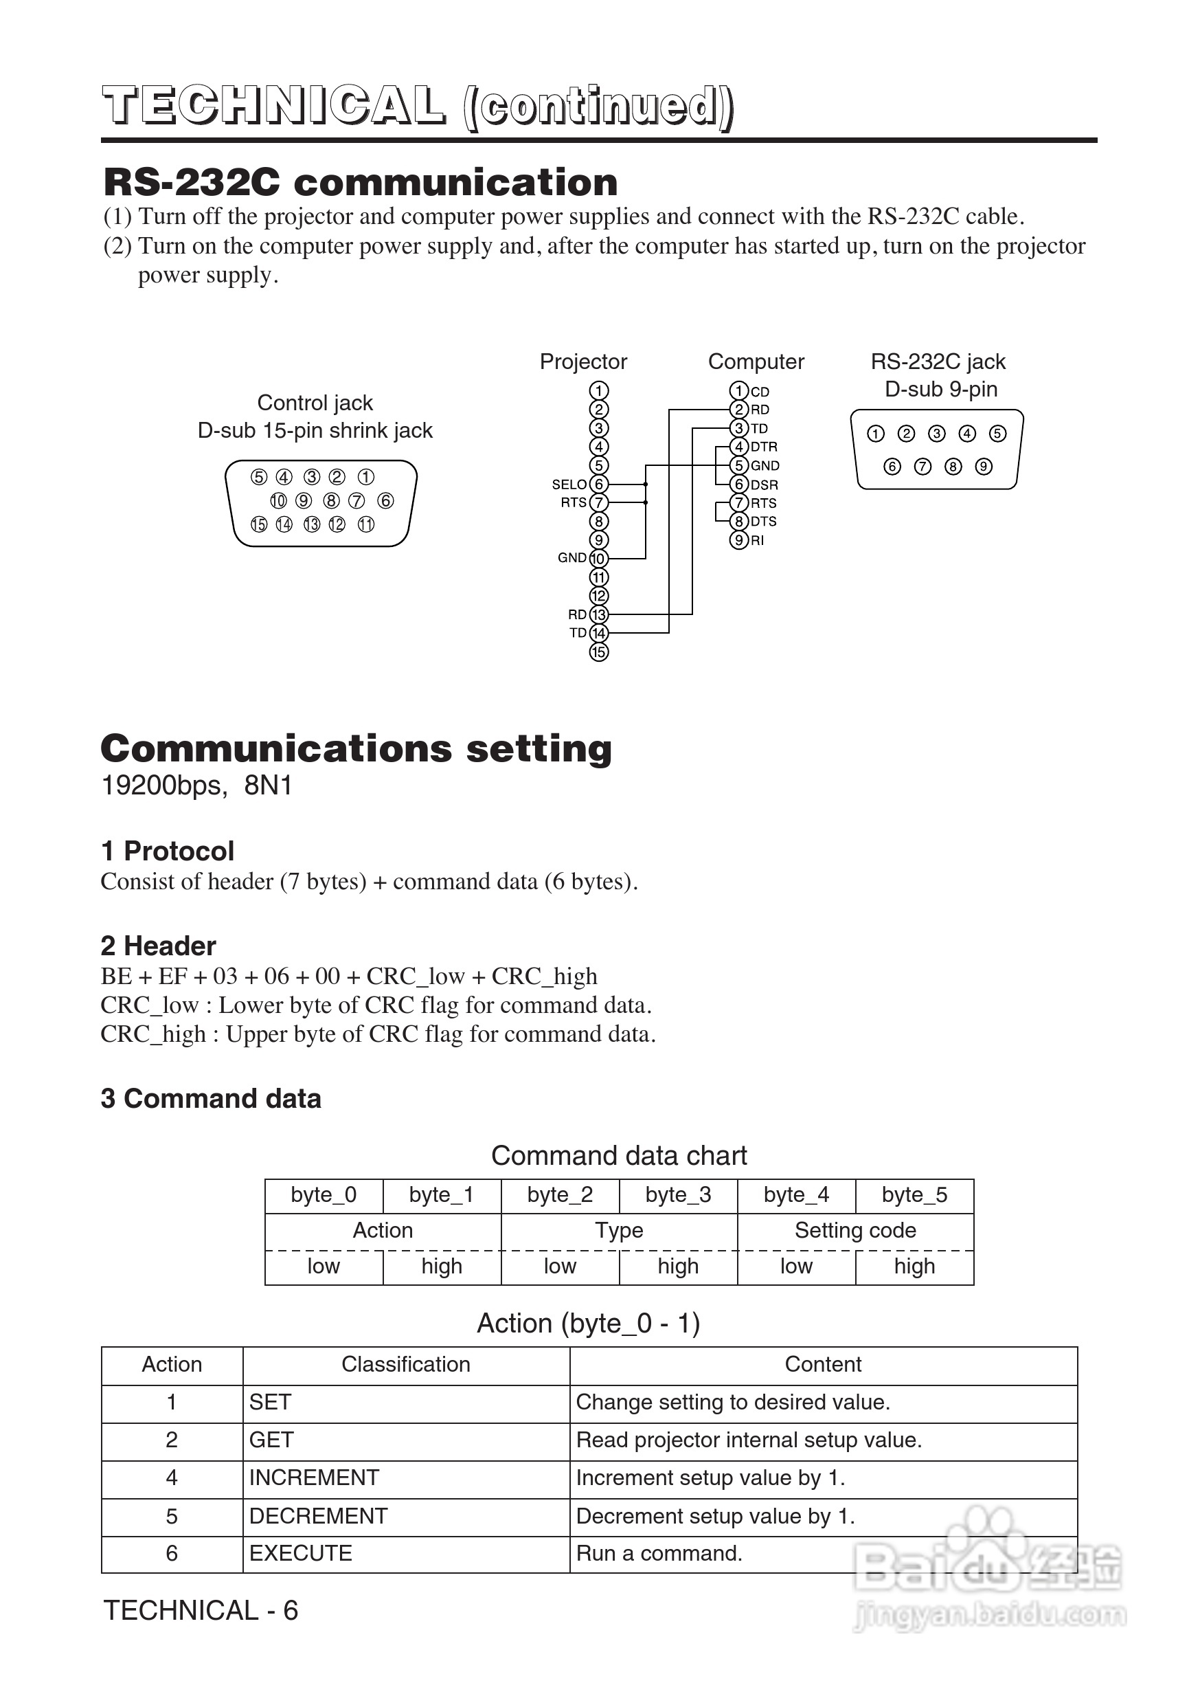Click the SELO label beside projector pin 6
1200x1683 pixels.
[x=568, y=484]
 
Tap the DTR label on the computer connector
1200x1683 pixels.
[x=763, y=447]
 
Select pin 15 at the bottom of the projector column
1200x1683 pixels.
[x=598, y=652]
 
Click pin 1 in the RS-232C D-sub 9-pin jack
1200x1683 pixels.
[x=876, y=434]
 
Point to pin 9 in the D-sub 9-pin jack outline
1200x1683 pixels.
[x=984, y=467]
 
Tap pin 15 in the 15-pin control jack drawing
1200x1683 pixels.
[x=259, y=524]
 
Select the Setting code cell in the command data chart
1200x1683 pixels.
[x=855, y=1230]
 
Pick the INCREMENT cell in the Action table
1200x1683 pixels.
[x=314, y=1478]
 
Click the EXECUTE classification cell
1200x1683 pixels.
[x=301, y=1553]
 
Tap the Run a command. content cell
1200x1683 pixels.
[x=659, y=1553]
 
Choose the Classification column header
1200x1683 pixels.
[x=406, y=1363]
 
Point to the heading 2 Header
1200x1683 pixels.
[x=158, y=946]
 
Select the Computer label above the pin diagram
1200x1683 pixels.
[x=756, y=361]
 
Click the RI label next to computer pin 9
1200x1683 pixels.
[x=758, y=540]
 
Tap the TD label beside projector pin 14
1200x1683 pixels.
[x=577, y=633]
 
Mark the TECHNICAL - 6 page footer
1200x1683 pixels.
[x=201, y=1611]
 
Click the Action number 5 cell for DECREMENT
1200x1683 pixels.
[x=172, y=1516]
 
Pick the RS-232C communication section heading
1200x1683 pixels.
[x=361, y=182]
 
